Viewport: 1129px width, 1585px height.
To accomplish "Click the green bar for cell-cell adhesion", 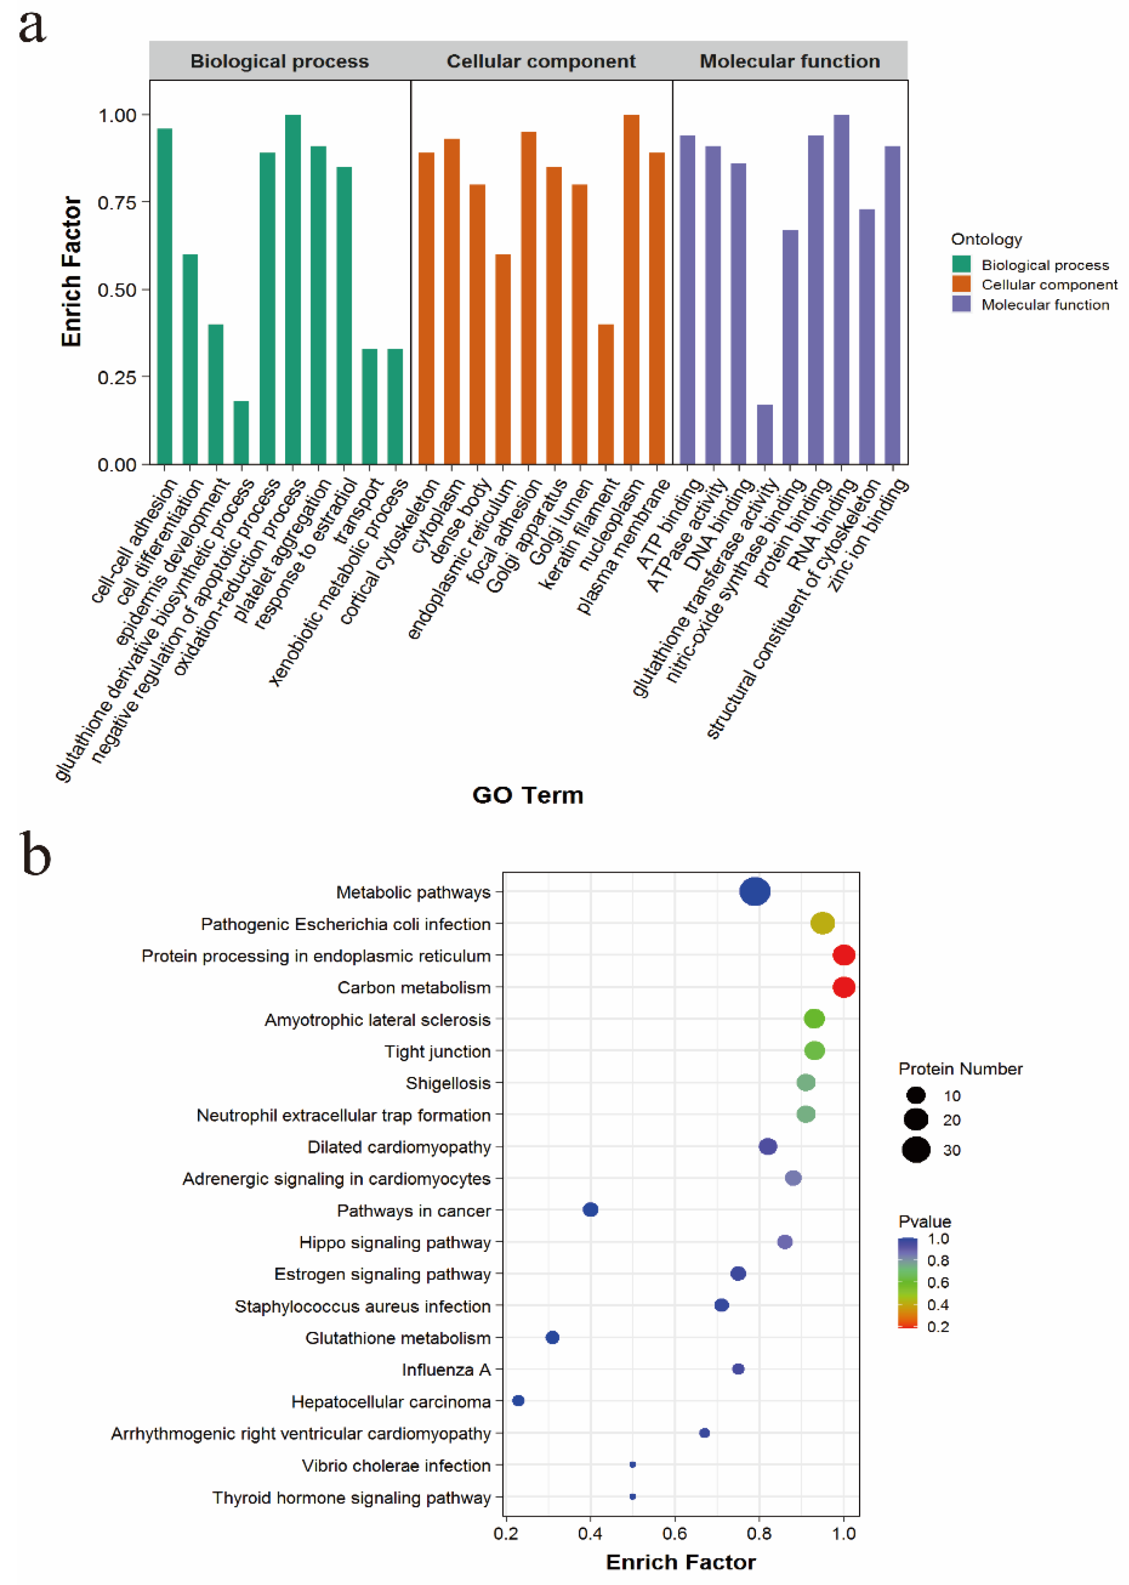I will pyautogui.click(x=165, y=296).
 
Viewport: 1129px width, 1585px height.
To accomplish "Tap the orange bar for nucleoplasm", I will pyautogui.click(x=631, y=288).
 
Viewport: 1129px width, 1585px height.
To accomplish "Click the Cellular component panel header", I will pyautogui.click(x=541, y=61).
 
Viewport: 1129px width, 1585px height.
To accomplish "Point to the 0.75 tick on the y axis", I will pyautogui.click(x=117, y=202).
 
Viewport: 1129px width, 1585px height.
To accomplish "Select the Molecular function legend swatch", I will pyautogui.click(x=962, y=304).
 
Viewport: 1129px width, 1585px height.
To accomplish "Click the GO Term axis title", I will pyautogui.click(x=527, y=795).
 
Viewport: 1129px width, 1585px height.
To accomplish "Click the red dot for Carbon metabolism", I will pyautogui.click(x=843, y=987).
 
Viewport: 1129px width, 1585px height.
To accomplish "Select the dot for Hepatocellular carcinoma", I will pyautogui.click(x=518, y=1400).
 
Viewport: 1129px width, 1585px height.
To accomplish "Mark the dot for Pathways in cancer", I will pyautogui.click(x=590, y=1210).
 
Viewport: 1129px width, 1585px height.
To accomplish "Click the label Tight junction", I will pyautogui.click(x=437, y=1051).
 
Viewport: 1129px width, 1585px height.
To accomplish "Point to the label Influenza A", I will pyautogui.click(x=446, y=1369).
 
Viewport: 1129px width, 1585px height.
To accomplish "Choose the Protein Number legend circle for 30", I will pyautogui.click(x=916, y=1150).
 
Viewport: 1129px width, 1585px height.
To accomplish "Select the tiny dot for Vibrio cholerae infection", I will pyautogui.click(x=633, y=1465).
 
